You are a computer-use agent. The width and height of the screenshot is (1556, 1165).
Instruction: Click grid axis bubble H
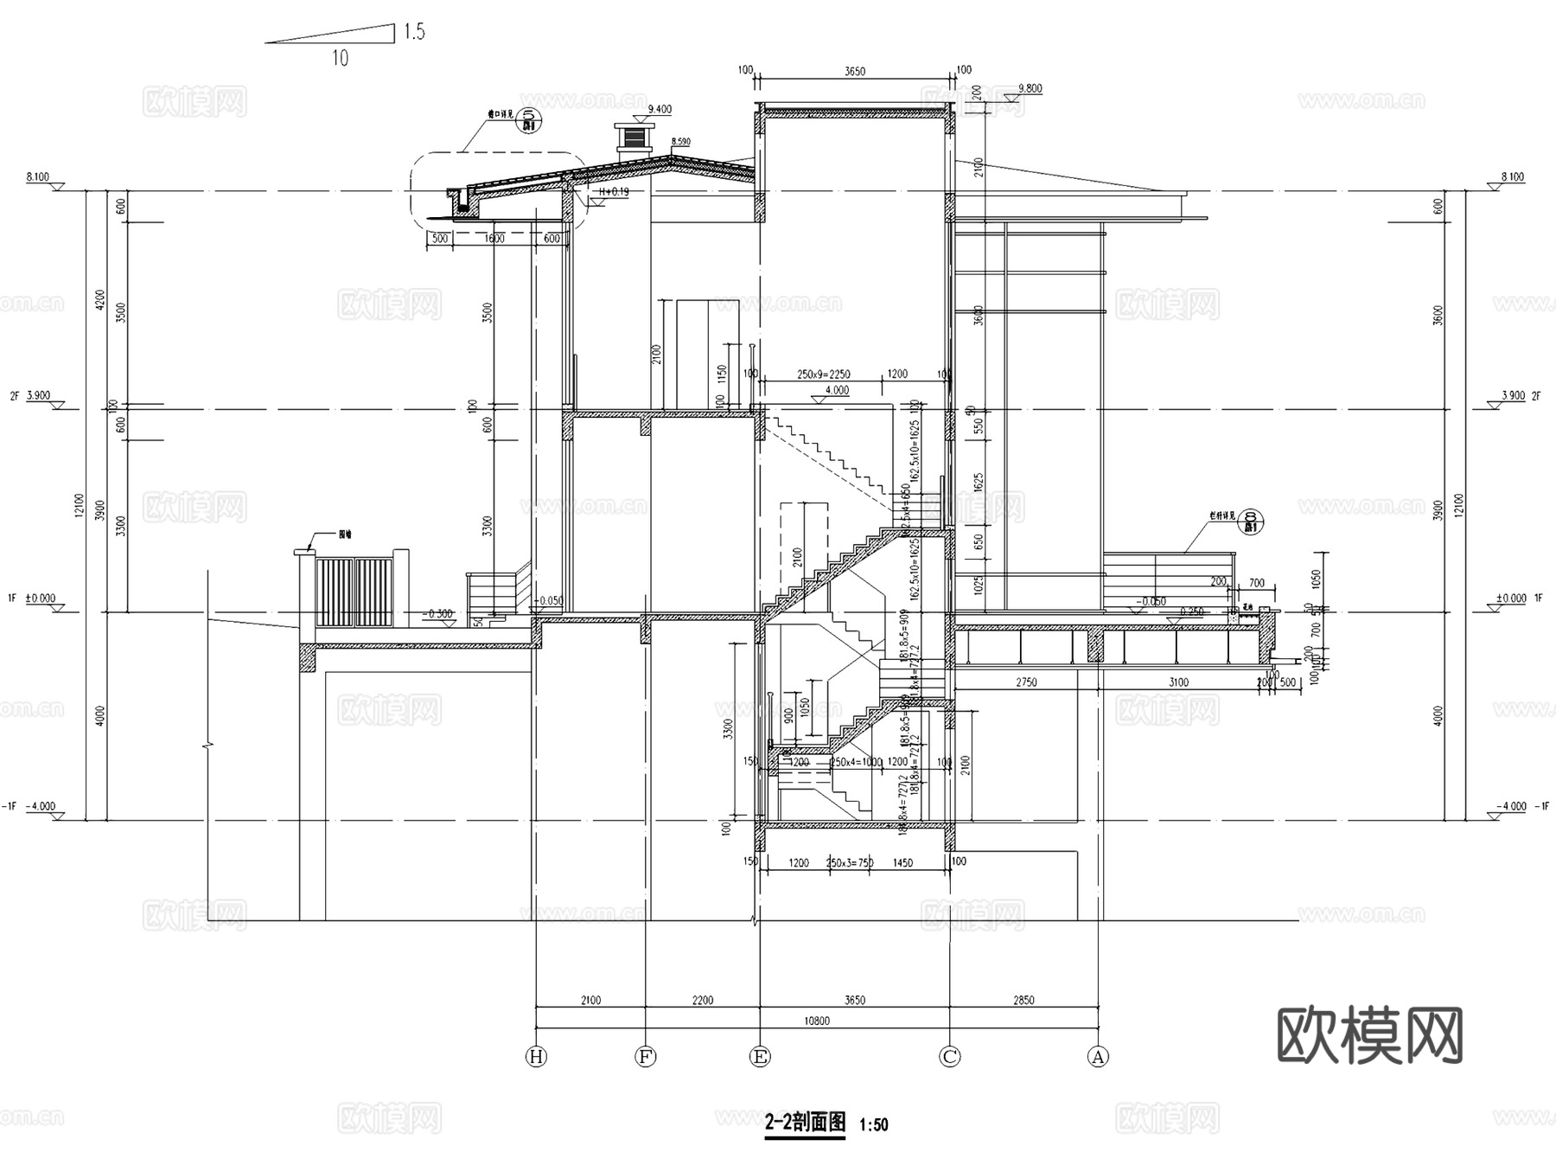(537, 1057)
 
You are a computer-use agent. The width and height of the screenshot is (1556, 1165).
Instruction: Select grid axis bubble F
(646, 1057)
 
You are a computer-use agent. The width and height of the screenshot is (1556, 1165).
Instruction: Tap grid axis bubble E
(760, 1057)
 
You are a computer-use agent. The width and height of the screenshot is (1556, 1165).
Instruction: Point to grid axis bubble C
(950, 1057)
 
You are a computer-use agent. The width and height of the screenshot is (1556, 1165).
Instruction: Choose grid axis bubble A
(1098, 1057)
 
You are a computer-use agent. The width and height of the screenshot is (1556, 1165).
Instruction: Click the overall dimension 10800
(816, 1021)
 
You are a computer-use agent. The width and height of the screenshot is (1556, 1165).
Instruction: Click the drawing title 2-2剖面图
(805, 1123)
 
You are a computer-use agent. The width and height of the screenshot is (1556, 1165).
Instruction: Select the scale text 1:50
(874, 1125)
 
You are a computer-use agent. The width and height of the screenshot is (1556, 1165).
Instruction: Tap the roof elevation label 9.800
(1030, 88)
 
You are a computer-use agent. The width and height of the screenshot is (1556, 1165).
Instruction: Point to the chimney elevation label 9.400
(660, 109)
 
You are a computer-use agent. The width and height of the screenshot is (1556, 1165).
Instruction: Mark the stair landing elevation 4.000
(836, 390)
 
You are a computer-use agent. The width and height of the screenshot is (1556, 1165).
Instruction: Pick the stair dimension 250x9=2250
(823, 374)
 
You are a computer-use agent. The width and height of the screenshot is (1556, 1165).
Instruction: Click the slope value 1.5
(414, 32)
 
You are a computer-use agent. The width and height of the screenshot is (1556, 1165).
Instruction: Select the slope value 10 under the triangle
(340, 59)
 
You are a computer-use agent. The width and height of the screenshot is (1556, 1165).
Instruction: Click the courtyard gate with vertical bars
(354, 592)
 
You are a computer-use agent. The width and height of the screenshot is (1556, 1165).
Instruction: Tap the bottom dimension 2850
(1023, 1001)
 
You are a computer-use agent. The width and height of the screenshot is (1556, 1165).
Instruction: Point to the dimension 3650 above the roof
(854, 72)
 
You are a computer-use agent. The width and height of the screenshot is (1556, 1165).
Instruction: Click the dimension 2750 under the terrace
(1025, 682)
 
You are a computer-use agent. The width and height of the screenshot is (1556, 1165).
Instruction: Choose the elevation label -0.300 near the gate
(438, 614)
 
